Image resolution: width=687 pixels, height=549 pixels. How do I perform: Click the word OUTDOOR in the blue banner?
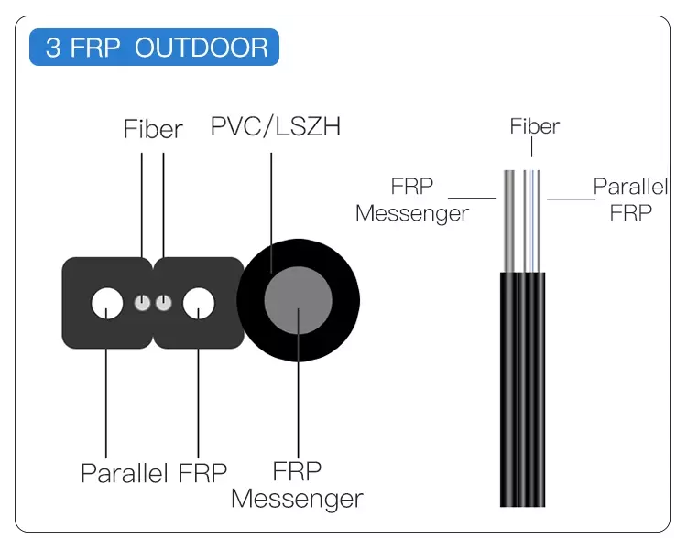coord(202,48)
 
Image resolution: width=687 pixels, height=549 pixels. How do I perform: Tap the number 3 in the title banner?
coord(53,48)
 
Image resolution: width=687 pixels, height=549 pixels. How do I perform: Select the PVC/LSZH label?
coord(275,126)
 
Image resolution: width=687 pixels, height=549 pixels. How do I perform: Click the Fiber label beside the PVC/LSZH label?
coord(153,130)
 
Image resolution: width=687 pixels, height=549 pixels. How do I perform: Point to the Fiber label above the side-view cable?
coord(534,126)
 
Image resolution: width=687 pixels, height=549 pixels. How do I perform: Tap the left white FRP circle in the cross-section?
coord(108,303)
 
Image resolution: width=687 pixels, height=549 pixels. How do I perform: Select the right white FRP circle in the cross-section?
coord(198,303)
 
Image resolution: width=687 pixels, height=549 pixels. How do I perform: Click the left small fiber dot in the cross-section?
coord(142,303)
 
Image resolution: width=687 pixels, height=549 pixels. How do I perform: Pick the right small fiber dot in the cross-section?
coord(163,303)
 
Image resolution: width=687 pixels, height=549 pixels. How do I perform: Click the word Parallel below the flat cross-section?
coord(125,473)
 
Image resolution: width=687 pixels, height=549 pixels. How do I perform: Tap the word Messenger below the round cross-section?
coord(297,500)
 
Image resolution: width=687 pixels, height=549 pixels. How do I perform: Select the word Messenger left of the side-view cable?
coord(412,213)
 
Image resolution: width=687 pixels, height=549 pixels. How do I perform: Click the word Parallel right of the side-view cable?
coord(630,187)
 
